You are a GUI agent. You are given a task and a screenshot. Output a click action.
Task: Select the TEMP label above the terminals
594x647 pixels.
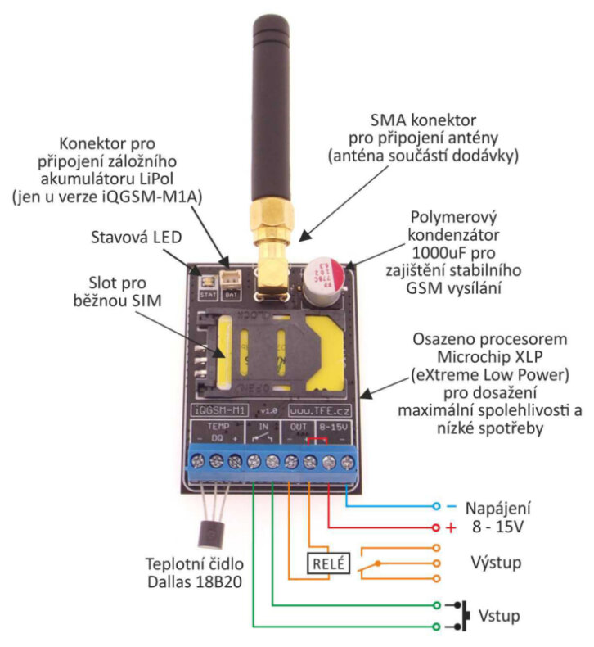(216, 427)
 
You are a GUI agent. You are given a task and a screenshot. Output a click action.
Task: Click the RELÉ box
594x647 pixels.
(328, 563)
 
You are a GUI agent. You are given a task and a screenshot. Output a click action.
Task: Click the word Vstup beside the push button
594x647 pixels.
(500, 615)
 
